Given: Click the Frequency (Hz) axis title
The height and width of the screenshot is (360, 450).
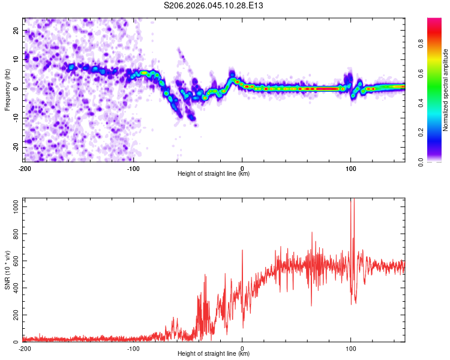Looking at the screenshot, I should (7, 89).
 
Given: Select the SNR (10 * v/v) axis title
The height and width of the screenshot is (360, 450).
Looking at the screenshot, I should (7, 270).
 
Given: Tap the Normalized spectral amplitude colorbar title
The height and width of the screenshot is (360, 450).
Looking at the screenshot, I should (446, 90).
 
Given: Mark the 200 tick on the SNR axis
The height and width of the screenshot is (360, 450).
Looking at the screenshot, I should (15, 315).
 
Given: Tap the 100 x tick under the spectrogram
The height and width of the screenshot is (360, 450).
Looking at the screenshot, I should (351, 167).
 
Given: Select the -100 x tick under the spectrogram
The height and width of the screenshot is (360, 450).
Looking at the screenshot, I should (133, 167).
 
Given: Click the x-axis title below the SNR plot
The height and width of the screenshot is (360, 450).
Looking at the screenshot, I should (214, 353).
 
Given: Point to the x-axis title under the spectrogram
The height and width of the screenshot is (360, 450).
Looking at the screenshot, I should (214, 173).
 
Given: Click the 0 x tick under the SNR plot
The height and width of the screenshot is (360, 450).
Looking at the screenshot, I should (242, 348).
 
